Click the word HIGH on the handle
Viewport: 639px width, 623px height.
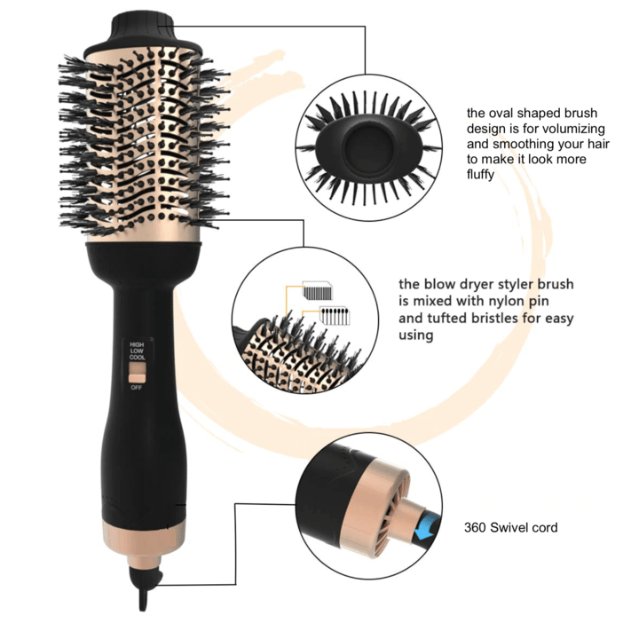(136, 343)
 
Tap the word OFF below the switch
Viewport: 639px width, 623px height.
(136, 388)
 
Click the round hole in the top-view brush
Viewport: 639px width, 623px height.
(365, 141)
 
